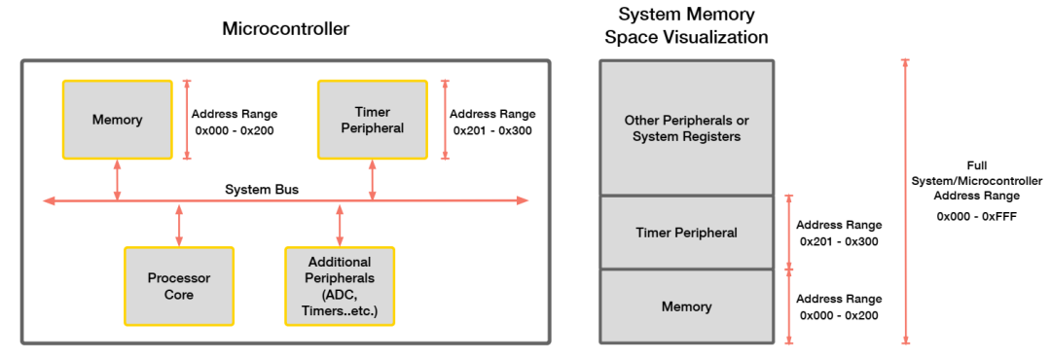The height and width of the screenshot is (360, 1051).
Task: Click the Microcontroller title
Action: [x=285, y=29]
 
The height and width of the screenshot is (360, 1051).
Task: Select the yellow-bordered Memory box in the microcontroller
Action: [x=117, y=120]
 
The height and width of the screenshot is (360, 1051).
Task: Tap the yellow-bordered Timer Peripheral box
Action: [x=373, y=120]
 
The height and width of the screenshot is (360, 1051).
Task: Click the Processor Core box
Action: [x=178, y=286]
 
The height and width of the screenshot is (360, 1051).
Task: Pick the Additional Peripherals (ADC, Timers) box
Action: [x=339, y=286]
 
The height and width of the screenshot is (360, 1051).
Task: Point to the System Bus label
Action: [x=262, y=189]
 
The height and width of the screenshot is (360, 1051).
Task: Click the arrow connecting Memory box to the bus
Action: [x=118, y=180]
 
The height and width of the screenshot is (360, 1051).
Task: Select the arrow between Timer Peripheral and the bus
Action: [x=373, y=180]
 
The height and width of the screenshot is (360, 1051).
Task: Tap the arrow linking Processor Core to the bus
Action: [x=179, y=224]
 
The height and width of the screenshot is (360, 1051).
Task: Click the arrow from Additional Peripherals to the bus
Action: [x=339, y=224]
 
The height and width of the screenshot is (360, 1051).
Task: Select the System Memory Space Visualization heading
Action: [x=686, y=26]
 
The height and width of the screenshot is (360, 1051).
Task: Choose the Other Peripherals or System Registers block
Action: [x=686, y=128]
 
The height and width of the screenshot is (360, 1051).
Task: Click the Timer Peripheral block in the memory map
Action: [x=686, y=233]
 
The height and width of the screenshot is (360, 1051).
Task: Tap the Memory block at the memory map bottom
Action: [x=686, y=306]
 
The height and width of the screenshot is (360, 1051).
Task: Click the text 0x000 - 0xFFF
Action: [x=976, y=216]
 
